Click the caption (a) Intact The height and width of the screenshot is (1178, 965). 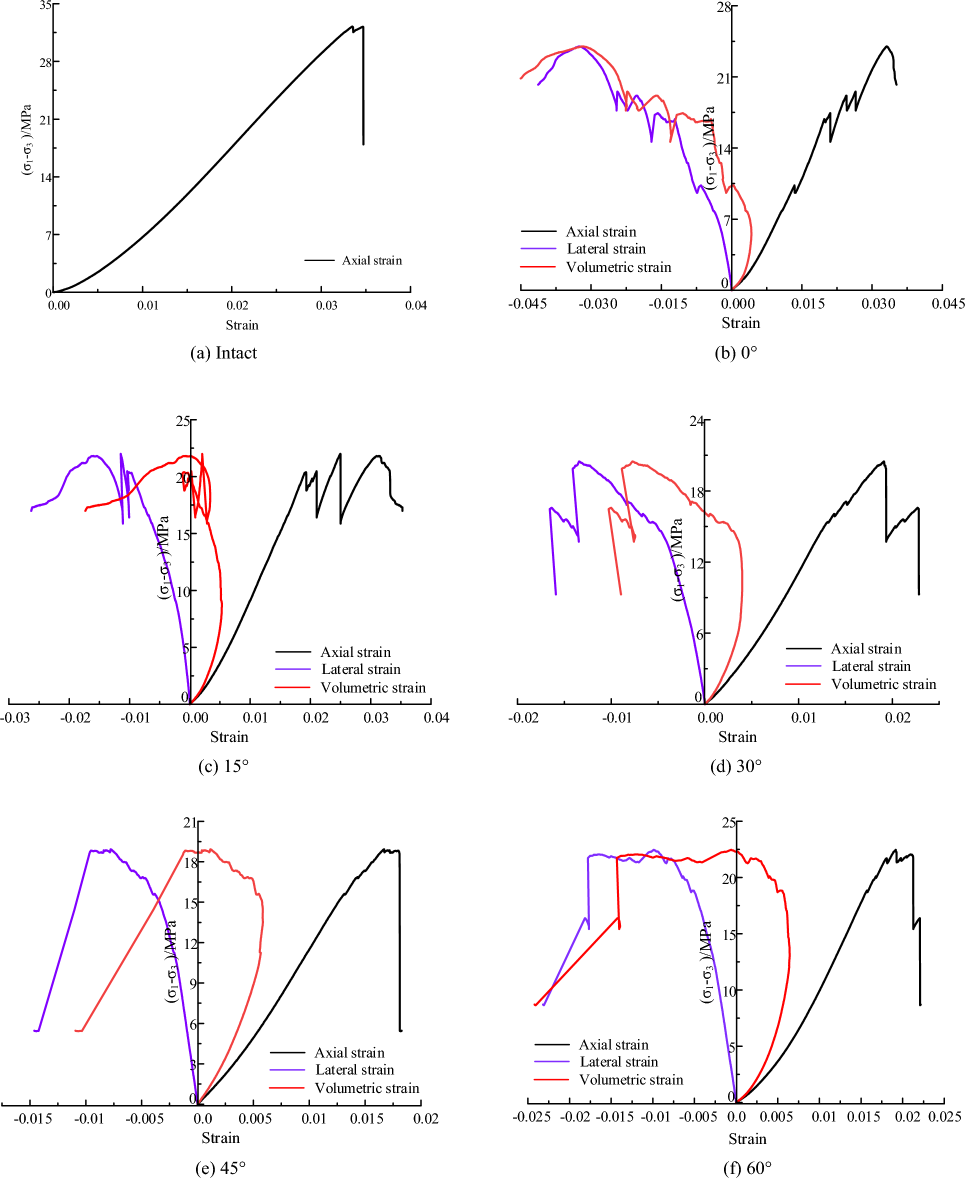223,353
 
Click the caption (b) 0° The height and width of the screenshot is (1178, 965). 735,353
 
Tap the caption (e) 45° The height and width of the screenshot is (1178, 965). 220,1168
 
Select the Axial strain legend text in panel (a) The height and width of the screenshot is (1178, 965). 371,260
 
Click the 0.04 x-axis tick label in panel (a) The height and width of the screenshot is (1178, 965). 416,305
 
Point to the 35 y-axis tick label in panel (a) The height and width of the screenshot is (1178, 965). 45,5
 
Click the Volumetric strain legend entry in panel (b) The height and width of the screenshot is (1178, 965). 618,267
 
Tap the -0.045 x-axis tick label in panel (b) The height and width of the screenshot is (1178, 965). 527,303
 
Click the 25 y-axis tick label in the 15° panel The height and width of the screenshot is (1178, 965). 183,421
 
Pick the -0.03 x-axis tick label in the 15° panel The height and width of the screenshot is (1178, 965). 15,717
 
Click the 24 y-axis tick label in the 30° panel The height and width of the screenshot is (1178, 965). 696,421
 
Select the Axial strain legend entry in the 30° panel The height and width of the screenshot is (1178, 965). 865,649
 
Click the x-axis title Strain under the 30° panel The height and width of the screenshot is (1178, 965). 737,737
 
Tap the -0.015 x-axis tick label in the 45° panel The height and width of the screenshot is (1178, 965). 33,1118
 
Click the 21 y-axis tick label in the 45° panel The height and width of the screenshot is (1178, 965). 190,822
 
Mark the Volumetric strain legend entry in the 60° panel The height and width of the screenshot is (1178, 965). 631,1079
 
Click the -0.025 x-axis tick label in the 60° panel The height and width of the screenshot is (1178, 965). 532,1117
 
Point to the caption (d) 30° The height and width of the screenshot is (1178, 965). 735,766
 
